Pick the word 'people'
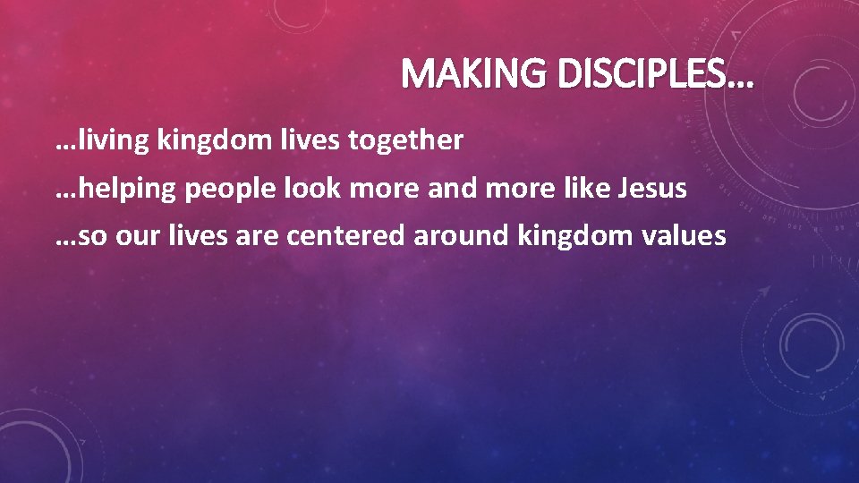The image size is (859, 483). [x=226, y=190]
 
